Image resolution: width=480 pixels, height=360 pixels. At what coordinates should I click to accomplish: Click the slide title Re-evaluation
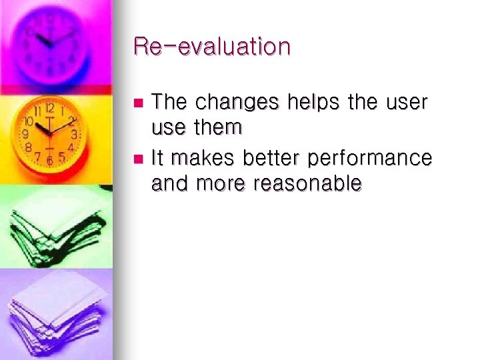coord(212,47)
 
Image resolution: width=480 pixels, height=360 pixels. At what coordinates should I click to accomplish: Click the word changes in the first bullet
coord(238,103)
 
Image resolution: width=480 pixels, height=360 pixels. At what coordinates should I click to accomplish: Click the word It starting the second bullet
coord(159,159)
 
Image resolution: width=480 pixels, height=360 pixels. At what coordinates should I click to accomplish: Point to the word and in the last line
coord(171,183)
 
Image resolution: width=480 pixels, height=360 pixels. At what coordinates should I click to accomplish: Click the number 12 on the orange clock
coord(50,107)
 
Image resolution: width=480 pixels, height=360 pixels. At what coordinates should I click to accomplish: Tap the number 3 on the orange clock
coord(75,134)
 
